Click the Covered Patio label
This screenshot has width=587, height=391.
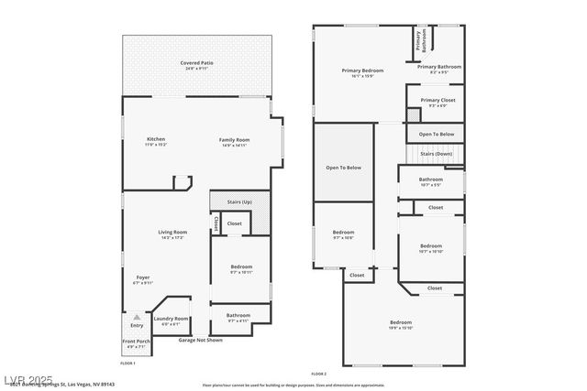point(196,63)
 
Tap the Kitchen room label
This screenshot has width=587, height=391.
point(156,139)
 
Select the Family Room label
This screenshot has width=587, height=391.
point(235,140)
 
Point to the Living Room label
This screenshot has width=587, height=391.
point(173,232)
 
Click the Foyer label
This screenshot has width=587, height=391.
point(144,277)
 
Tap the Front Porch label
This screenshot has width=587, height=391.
point(136,342)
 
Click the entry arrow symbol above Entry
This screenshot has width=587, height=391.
point(136,315)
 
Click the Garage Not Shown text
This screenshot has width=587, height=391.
point(201,340)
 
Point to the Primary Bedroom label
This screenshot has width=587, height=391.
point(362,71)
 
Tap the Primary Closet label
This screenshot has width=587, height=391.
point(437,101)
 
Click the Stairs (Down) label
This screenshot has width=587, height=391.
point(437,154)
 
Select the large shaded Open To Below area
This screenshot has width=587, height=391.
point(344,168)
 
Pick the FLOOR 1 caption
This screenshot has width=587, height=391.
point(127,364)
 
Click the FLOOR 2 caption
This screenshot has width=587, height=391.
point(318,375)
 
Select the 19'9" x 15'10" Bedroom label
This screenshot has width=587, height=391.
point(401,323)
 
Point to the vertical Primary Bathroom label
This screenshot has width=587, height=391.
point(417,39)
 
